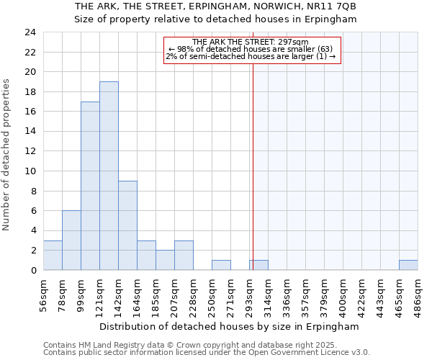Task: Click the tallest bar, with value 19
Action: click(109, 176)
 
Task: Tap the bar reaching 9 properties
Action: click(127, 225)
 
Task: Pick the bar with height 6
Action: click(71, 240)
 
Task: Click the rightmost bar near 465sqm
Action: click(408, 265)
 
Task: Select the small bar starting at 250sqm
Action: click(221, 265)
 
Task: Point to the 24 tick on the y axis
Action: click(30, 32)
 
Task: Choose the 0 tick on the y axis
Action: click(33, 271)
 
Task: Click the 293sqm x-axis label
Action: click(249, 295)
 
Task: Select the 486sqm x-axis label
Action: click(418, 295)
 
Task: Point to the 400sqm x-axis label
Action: click(343, 295)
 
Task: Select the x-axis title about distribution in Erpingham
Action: click(229, 327)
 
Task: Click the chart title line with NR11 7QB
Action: click(215, 6)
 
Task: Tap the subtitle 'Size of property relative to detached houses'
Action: click(215, 19)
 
